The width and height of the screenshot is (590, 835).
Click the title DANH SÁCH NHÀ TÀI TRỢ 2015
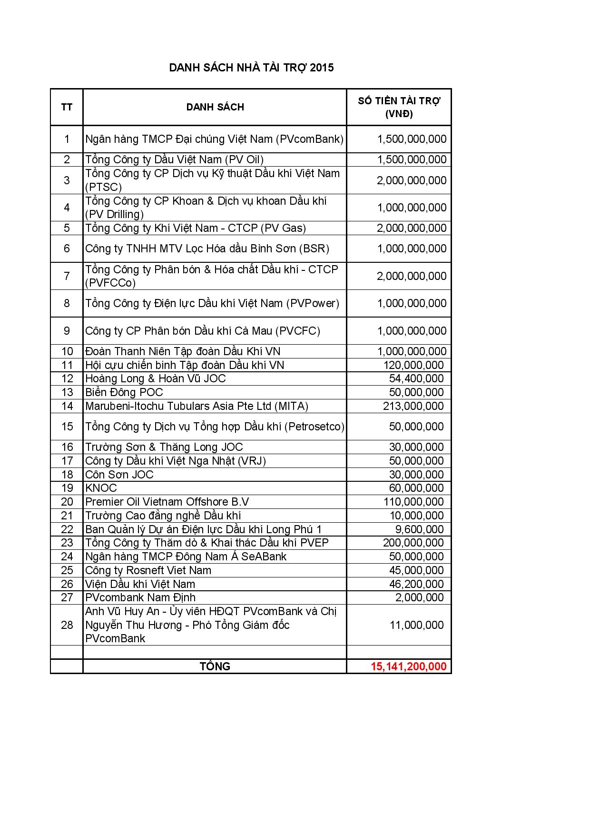[251, 68]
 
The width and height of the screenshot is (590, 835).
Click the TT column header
[67, 107]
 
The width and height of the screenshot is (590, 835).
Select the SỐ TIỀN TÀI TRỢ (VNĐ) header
[399, 107]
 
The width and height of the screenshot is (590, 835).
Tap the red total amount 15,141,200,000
[408, 666]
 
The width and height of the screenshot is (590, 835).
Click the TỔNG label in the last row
[215, 666]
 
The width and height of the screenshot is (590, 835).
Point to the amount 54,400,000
[416, 378]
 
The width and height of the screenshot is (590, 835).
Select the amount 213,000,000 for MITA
[413, 406]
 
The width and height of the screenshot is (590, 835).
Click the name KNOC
[101, 488]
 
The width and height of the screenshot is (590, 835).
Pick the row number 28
[67, 625]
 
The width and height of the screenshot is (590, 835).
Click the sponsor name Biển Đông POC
[124, 392]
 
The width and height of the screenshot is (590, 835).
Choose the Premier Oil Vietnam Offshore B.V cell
[167, 502]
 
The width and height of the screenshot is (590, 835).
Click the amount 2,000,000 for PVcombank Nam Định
[419, 597]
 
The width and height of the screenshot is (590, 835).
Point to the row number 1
[67, 139]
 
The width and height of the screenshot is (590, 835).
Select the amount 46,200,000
[416, 584]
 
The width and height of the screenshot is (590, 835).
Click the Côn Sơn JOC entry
[119, 475]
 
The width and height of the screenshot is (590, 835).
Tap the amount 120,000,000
[413, 365]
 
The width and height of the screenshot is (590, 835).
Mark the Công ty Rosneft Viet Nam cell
[148, 570]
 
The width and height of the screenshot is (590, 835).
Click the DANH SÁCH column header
[215, 107]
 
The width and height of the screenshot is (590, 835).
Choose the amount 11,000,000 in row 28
[416, 625]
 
